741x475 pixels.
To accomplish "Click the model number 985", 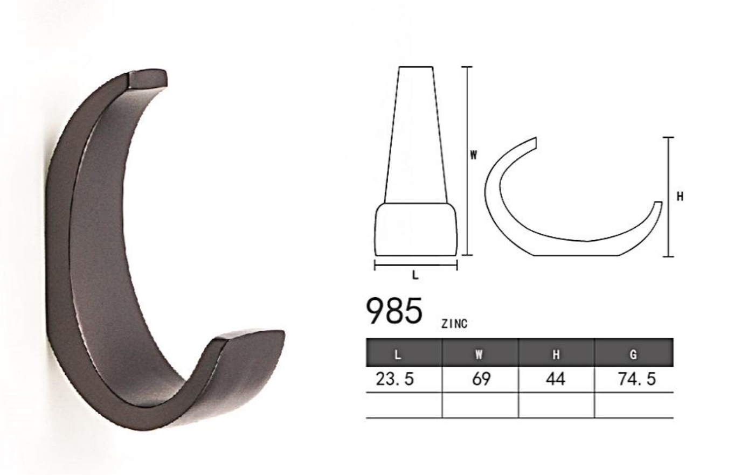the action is point(394,310).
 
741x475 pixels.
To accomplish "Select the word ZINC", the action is point(454,324).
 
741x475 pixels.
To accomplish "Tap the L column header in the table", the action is point(398,355).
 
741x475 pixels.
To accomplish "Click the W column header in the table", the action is point(479,355).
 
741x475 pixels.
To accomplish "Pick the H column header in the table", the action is point(556,355).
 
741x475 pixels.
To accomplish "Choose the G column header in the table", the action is point(633,355).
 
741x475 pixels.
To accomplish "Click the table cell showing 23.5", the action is point(394,379).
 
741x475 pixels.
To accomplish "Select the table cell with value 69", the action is point(481,379).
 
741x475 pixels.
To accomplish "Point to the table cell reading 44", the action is point(556,379).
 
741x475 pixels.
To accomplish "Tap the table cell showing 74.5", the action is point(637,379).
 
